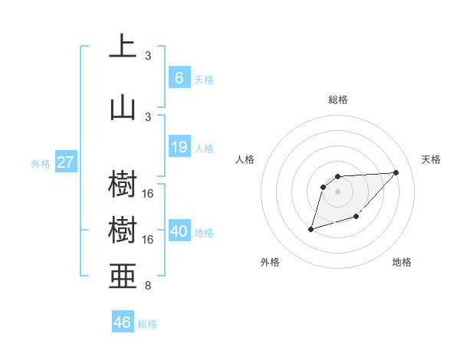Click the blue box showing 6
(x=179, y=77)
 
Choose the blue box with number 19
(x=179, y=147)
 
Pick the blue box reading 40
(x=179, y=231)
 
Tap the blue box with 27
(x=66, y=162)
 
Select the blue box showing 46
(x=122, y=322)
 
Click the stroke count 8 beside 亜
(x=148, y=286)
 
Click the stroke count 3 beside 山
(x=148, y=116)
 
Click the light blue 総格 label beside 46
(x=147, y=324)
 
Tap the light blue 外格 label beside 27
(x=40, y=164)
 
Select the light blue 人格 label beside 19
(x=204, y=149)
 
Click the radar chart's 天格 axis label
(x=431, y=159)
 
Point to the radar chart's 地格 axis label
(x=402, y=262)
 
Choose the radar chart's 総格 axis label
(x=338, y=100)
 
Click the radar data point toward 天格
(x=396, y=172)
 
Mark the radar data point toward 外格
(x=310, y=229)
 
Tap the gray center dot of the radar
(x=338, y=191)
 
